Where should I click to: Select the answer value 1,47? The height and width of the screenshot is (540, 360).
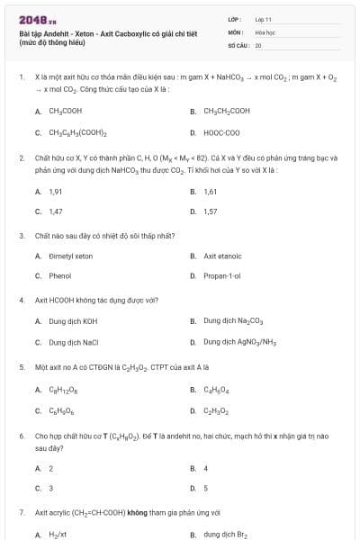click(55, 211)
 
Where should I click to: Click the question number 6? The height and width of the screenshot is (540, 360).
click(22, 436)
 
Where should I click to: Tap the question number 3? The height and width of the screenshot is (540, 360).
click(22, 236)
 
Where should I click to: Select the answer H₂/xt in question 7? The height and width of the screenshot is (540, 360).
click(58, 535)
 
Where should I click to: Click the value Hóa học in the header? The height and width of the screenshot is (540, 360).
click(265, 31)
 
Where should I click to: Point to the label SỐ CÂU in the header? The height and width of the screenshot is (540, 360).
click(238, 44)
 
